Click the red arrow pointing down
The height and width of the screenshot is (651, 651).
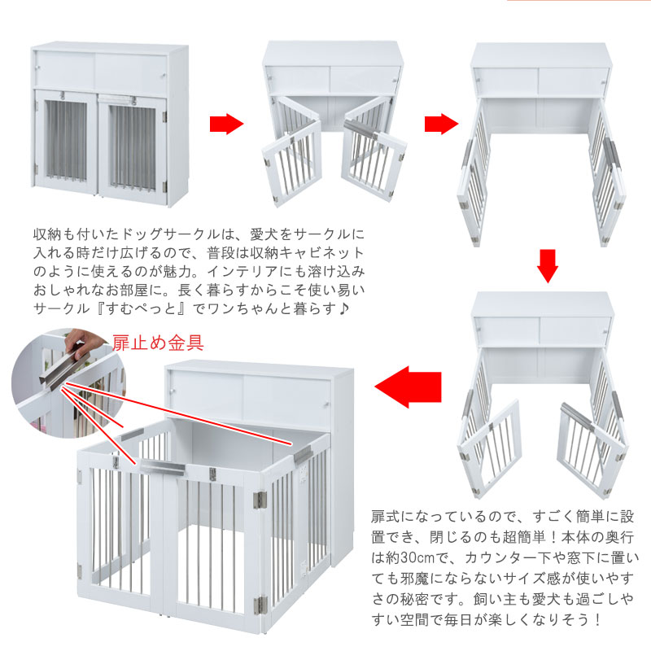point(548,265)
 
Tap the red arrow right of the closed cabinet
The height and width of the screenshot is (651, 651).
point(226,125)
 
